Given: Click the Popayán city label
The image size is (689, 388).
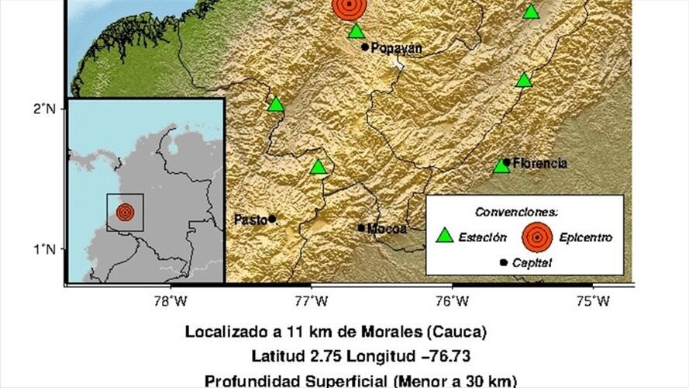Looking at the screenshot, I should tap(397, 48).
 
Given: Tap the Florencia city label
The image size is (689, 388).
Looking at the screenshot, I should tap(539, 164).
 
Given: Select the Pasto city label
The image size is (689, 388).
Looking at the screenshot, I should tap(250, 220).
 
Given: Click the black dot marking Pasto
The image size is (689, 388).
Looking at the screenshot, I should tap(272, 219).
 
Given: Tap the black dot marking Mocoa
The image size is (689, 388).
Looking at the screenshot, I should tap(361, 227).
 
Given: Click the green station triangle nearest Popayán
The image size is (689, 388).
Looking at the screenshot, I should tap(356, 31).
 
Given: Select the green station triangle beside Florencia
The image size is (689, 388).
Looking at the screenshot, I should tap(501, 165).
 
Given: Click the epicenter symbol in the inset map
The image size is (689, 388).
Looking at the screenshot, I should tap(125, 212).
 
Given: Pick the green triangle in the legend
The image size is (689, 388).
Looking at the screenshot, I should tap(445, 235).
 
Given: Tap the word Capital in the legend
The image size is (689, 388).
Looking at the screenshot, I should tap(532, 263).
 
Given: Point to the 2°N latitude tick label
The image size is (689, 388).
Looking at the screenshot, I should tap(44, 108).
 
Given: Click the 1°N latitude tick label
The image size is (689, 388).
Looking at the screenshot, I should tap(44, 248).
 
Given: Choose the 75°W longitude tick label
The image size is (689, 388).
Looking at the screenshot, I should tap(594, 300).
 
